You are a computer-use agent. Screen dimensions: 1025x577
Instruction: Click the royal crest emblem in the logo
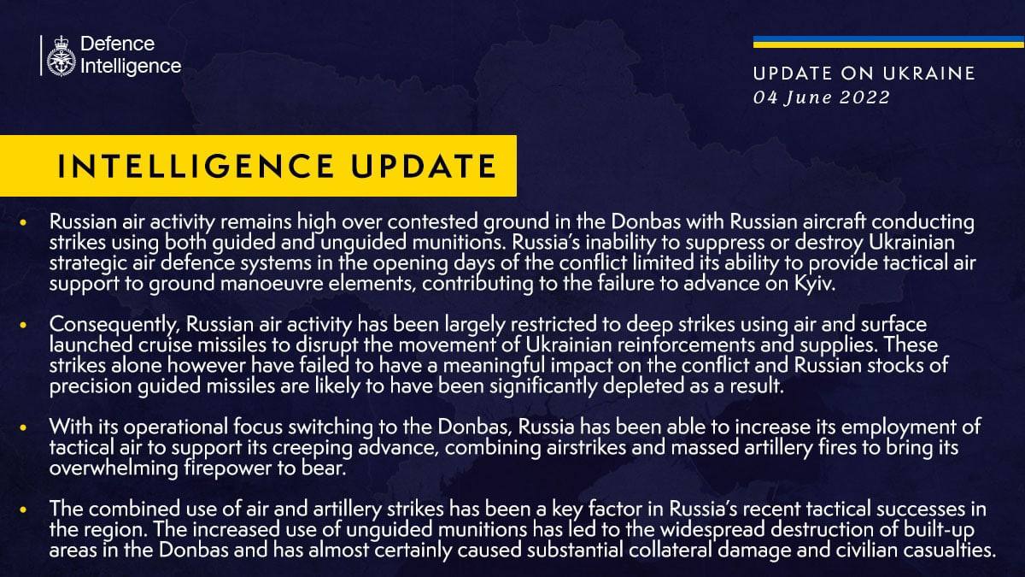61,56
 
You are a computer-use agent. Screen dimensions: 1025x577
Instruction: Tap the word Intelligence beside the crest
131,67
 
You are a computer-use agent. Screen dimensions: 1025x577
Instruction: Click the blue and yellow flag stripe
888,42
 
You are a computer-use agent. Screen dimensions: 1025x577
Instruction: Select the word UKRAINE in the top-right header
929,74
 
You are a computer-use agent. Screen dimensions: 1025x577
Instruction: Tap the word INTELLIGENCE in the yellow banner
196,166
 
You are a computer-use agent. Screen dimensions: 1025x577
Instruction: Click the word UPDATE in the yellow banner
424,166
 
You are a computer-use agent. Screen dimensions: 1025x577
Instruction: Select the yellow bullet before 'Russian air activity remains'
23,222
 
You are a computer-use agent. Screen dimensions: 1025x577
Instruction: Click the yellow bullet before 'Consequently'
23,325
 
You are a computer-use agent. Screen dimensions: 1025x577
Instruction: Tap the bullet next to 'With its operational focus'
23,427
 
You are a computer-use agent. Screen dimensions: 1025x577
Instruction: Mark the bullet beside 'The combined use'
23,509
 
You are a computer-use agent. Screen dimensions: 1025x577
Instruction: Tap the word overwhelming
114,468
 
